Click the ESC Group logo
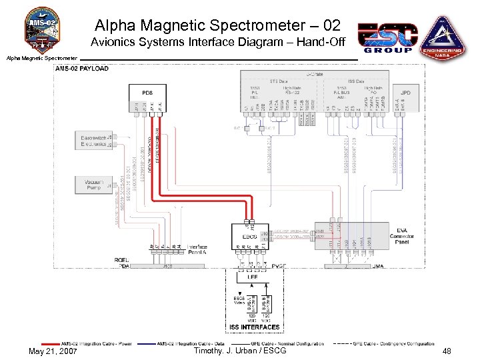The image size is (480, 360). (388, 37)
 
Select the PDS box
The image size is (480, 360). (148, 92)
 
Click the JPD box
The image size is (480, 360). (405, 92)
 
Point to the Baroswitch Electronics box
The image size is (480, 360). (91, 140)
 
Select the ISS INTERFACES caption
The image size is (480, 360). (255, 327)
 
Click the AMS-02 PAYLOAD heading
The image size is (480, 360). (82, 69)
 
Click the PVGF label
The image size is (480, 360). (280, 266)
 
